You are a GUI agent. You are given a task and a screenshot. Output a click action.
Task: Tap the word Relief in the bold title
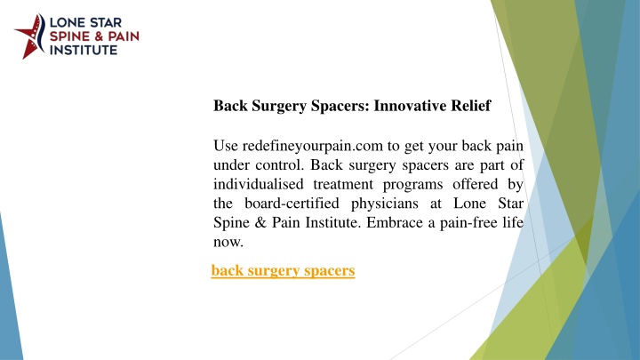coord(470,106)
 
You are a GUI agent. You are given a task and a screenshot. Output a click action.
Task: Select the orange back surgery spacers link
coord(283,270)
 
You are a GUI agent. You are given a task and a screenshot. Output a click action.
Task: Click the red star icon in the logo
coord(29,36)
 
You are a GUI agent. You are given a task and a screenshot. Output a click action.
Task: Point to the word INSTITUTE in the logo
coord(84,50)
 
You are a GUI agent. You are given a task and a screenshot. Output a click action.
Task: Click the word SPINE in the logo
coord(69,36)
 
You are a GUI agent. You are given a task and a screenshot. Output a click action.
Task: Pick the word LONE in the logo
coord(65,22)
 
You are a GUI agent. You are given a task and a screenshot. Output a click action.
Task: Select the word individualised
coord(259,184)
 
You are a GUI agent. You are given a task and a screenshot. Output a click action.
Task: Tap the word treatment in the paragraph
coord(343,185)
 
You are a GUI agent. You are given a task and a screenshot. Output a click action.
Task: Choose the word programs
coord(412,185)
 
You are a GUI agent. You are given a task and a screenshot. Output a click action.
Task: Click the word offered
coord(476,184)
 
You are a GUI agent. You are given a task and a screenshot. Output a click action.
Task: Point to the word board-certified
coord(292,204)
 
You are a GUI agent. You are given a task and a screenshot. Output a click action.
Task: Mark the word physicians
coord(385,204)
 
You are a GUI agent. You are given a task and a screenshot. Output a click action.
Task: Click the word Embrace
coord(395,222)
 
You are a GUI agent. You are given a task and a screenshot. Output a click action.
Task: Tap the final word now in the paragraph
coord(228,243)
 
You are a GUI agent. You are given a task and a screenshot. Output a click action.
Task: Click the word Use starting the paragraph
coord(226,146)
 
